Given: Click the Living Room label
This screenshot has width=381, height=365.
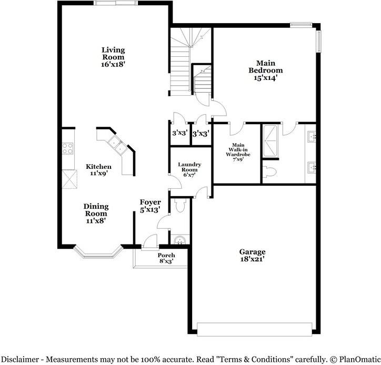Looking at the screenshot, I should (x=113, y=53).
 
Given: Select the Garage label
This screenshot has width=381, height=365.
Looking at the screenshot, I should (x=253, y=252).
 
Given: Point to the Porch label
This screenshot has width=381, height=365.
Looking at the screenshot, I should (x=166, y=255).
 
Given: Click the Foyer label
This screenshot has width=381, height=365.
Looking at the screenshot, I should (x=150, y=202).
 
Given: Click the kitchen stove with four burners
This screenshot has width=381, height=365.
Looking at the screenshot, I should (x=68, y=148).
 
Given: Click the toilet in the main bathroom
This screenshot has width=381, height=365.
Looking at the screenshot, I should (x=270, y=171).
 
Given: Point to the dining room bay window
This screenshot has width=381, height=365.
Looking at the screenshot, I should (x=97, y=254).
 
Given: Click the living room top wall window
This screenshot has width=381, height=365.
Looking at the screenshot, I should (x=113, y=3).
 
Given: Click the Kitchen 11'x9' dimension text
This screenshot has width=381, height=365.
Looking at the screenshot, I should (x=98, y=173).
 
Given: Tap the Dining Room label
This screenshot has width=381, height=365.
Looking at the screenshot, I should (x=96, y=210).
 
